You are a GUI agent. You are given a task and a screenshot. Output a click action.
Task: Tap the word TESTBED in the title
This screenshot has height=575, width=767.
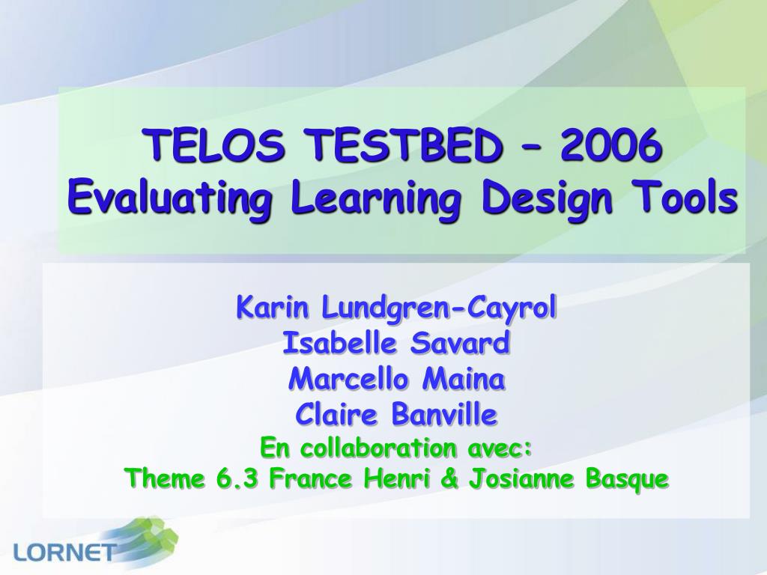[x=405, y=145]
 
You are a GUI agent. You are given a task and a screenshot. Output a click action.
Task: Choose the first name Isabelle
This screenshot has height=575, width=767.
[x=339, y=343]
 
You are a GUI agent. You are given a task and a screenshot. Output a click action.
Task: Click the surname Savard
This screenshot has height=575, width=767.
[x=460, y=343]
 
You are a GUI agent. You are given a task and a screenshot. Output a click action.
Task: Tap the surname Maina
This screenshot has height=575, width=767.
[x=463, y=379]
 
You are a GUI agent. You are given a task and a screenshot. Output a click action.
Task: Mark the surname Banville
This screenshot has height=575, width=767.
[x=444, y=415]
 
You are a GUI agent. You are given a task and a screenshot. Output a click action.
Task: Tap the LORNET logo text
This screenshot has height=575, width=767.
[x=64, y=552]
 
